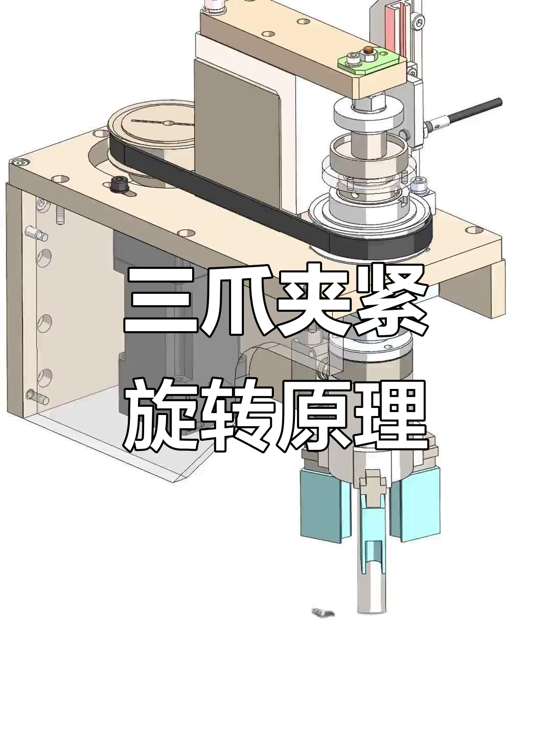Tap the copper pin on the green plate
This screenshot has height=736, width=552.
pos(368,52)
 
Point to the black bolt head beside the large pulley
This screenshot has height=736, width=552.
pos(119,185)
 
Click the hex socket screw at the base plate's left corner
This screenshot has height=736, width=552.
pos(21,163)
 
